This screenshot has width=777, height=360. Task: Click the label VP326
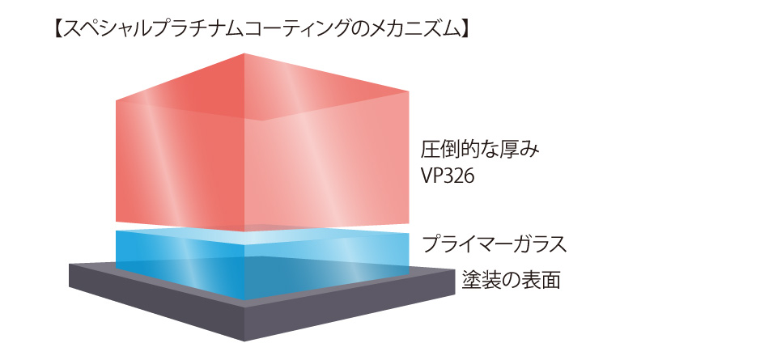(x=448, y=176)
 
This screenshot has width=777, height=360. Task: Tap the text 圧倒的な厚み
(x=479, y=150)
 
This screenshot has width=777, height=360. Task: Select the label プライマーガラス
(x=494, y=244)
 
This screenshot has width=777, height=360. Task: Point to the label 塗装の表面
(x=511, y=280)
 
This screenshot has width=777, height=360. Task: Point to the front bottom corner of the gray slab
(x=245, y=341)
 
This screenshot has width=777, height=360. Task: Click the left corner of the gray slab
(x=70, y=265)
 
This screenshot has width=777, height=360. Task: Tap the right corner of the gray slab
(x=455, y=270)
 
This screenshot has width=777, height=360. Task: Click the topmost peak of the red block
(x=244, y=53)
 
